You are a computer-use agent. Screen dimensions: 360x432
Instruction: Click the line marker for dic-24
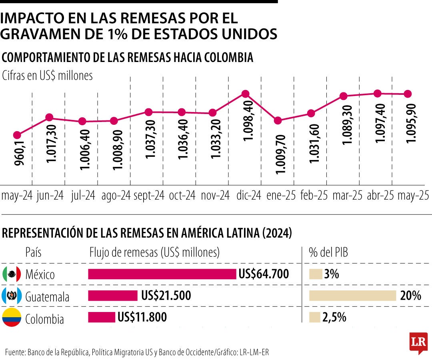coord(246,94)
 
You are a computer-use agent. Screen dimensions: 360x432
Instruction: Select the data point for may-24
coord(17,135)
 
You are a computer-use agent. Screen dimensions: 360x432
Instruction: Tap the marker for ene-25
coord(278,120)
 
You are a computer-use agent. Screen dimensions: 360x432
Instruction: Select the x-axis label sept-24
coord(149,196)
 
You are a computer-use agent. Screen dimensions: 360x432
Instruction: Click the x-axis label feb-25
coord(313,196)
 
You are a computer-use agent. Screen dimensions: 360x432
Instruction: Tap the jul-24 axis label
coord(83,196)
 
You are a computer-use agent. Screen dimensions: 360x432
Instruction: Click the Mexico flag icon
coord(12,274)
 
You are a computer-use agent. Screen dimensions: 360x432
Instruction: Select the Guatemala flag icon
coord(12,296)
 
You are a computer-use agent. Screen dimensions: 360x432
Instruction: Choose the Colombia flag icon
coord(12,318)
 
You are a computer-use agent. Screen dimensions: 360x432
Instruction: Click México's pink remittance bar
coord(162,274)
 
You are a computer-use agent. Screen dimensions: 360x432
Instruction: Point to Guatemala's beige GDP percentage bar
coord(352,296)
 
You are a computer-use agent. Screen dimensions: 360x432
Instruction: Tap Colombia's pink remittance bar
coord(102,317)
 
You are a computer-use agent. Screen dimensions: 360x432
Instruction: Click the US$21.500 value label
coord(166,296)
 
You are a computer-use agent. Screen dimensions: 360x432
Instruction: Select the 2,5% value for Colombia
coord(334,318)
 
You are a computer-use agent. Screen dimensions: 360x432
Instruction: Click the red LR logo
coord(418,342)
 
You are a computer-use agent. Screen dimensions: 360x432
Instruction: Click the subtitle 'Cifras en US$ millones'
coord(48,76)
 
